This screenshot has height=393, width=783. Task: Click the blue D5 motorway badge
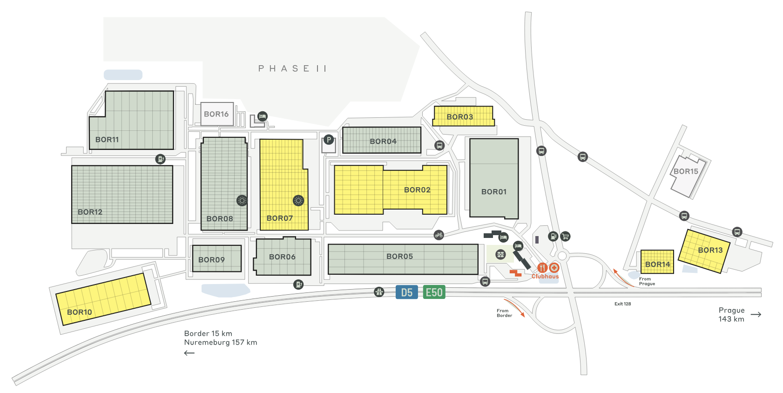coord(406,292)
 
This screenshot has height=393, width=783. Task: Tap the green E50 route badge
coord(434,292)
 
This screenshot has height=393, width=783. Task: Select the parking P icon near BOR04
coord(329,140)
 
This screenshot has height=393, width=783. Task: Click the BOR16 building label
coord(216,114)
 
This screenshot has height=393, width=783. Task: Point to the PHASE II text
coord(292,68)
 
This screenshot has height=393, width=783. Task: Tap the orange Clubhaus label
coord(545,277)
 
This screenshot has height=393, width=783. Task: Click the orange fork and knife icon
coord(542,268)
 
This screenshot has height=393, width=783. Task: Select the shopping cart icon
coord(565,236)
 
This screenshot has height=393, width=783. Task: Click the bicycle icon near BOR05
coord(439,235)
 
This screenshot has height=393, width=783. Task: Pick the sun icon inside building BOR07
coord(298,201)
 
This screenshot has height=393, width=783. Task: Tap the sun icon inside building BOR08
coord(242,201)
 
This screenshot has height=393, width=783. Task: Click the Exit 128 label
coord(622,304)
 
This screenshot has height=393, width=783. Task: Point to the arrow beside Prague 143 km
coord(756,315)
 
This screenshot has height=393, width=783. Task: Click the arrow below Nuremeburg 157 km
coord(189,353)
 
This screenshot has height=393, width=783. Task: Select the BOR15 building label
coord(686,171)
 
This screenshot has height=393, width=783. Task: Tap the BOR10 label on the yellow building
coord(80,312)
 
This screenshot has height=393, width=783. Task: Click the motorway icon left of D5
coord(379,292)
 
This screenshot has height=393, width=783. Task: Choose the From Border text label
coord(504,313)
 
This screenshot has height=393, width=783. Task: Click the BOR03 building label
coord(459,117)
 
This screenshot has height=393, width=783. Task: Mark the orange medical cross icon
coord(554,268)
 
